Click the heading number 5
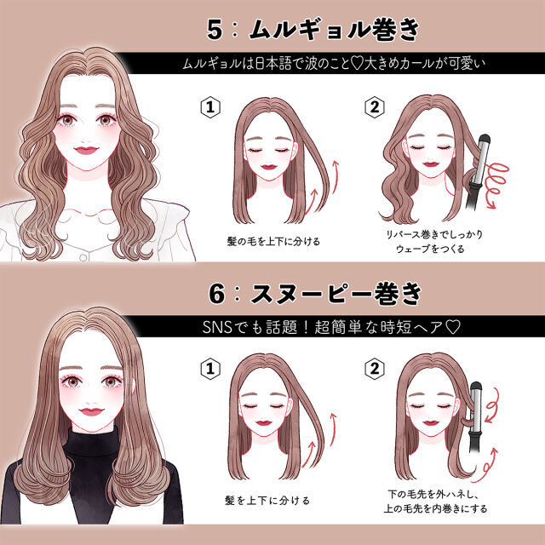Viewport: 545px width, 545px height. [215, 29]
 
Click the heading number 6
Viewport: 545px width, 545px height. [216, 293]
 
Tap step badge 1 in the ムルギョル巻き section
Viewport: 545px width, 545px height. [210, 107]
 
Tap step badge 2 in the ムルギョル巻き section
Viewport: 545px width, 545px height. [375, 107]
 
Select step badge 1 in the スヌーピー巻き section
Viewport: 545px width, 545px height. [210, 369]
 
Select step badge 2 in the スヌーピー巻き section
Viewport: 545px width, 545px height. [375, 369]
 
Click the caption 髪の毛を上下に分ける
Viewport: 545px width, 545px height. [273, 241]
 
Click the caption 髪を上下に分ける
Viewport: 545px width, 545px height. [267, 501]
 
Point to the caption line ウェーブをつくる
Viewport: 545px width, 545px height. [430, 249]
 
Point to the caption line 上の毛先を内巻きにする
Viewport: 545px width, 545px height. [435, 508]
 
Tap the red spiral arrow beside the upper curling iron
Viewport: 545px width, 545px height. [496, 184]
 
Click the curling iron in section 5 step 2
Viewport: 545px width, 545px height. [478, 172]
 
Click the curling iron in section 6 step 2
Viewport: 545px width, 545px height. [476, 417]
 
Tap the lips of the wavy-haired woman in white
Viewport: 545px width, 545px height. [86, 150]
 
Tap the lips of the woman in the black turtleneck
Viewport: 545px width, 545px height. [91, 411]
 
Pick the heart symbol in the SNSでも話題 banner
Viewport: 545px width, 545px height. [453, 327]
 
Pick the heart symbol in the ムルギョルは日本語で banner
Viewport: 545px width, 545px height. [356, 64]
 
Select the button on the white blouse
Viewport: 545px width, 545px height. [83, 257]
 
